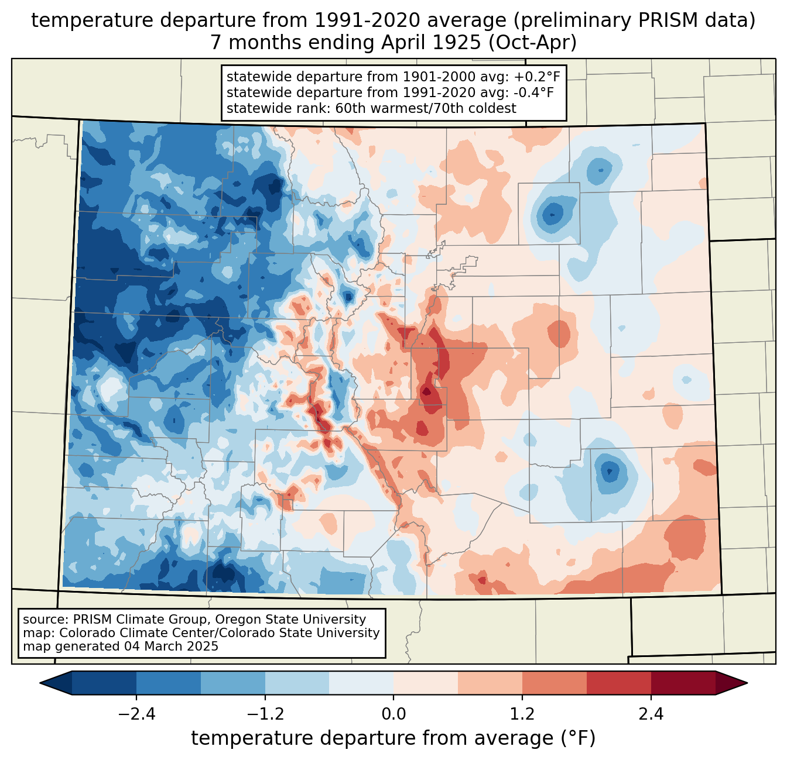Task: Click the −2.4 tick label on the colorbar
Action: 136,714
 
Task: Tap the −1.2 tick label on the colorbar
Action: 265,714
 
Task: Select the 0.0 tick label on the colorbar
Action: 393,714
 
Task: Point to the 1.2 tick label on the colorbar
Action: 522,714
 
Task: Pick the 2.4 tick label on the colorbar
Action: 651,714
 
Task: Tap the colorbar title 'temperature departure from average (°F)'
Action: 393,738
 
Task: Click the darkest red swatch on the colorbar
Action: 683,683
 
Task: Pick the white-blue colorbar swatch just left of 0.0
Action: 361,683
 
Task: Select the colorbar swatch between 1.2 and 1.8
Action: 555,683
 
